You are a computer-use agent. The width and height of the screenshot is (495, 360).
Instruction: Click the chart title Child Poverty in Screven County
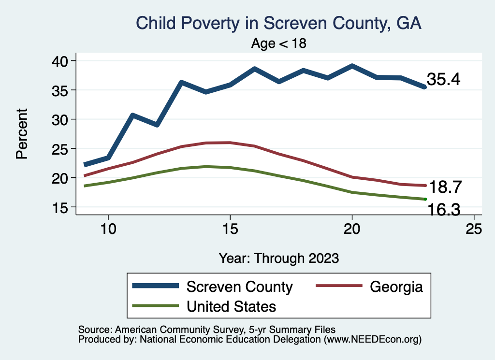(279, 24)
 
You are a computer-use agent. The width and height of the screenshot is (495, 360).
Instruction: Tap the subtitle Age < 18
(279, 43)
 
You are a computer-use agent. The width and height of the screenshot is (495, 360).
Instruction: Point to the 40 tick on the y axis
(63, 61)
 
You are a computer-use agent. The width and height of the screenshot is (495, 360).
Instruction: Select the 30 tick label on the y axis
(63, 119)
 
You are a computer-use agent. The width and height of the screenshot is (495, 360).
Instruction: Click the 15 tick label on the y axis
(63, 207)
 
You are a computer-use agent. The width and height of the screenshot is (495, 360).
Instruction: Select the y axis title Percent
(21, 134)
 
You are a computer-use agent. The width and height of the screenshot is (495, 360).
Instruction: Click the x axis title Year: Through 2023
(278, 258)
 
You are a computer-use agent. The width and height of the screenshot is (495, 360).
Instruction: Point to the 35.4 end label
(443, 80)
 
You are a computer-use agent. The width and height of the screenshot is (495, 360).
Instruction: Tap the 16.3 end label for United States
(443, 209)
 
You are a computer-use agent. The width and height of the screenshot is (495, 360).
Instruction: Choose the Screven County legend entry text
(240, 287)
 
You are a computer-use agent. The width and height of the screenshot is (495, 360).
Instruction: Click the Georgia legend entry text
(396, 287)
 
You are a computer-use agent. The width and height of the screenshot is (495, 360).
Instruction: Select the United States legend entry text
(232, 306)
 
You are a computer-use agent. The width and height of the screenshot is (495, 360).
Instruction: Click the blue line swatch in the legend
(156, 286)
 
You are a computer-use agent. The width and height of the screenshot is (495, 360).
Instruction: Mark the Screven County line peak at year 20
(352, 66)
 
